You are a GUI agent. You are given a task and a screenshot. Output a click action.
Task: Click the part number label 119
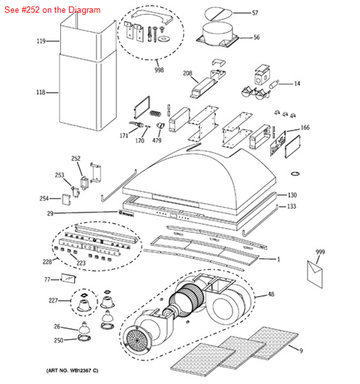pyautogui.click(x=41, y=42)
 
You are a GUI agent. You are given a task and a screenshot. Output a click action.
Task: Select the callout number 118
pyautogui.click(x=41, y=92)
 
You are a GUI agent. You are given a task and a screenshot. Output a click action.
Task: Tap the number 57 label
pyautogui.click(x=254, y=13)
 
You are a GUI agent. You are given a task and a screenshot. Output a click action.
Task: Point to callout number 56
pyautogui.click(x=256, y=38)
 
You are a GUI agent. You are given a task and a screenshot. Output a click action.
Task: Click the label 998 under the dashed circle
pyautogui.click(x=160, y=71)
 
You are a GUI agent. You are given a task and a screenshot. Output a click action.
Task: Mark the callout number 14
pyautogui.click(x=296, y=84)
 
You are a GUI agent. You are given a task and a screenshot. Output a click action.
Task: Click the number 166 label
pyautogui.click(x=304, y=128)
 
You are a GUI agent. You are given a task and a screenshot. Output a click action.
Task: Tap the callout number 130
pyautogui.click(x=292, y=195)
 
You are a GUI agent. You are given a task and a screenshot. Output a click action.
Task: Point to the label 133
pyautogui.click(x=292, y=207)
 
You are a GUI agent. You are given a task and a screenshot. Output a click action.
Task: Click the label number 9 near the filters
pyautogui.click(x=301, y=350)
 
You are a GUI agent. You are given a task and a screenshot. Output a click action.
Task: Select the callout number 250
pyautogui.click(x=59, y=340)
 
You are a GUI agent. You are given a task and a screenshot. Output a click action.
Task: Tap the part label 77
pyautogui.click(x=48, y=279)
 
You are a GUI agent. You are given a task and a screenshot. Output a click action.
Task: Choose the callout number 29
pyautogui.click(x=50, y=214)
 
